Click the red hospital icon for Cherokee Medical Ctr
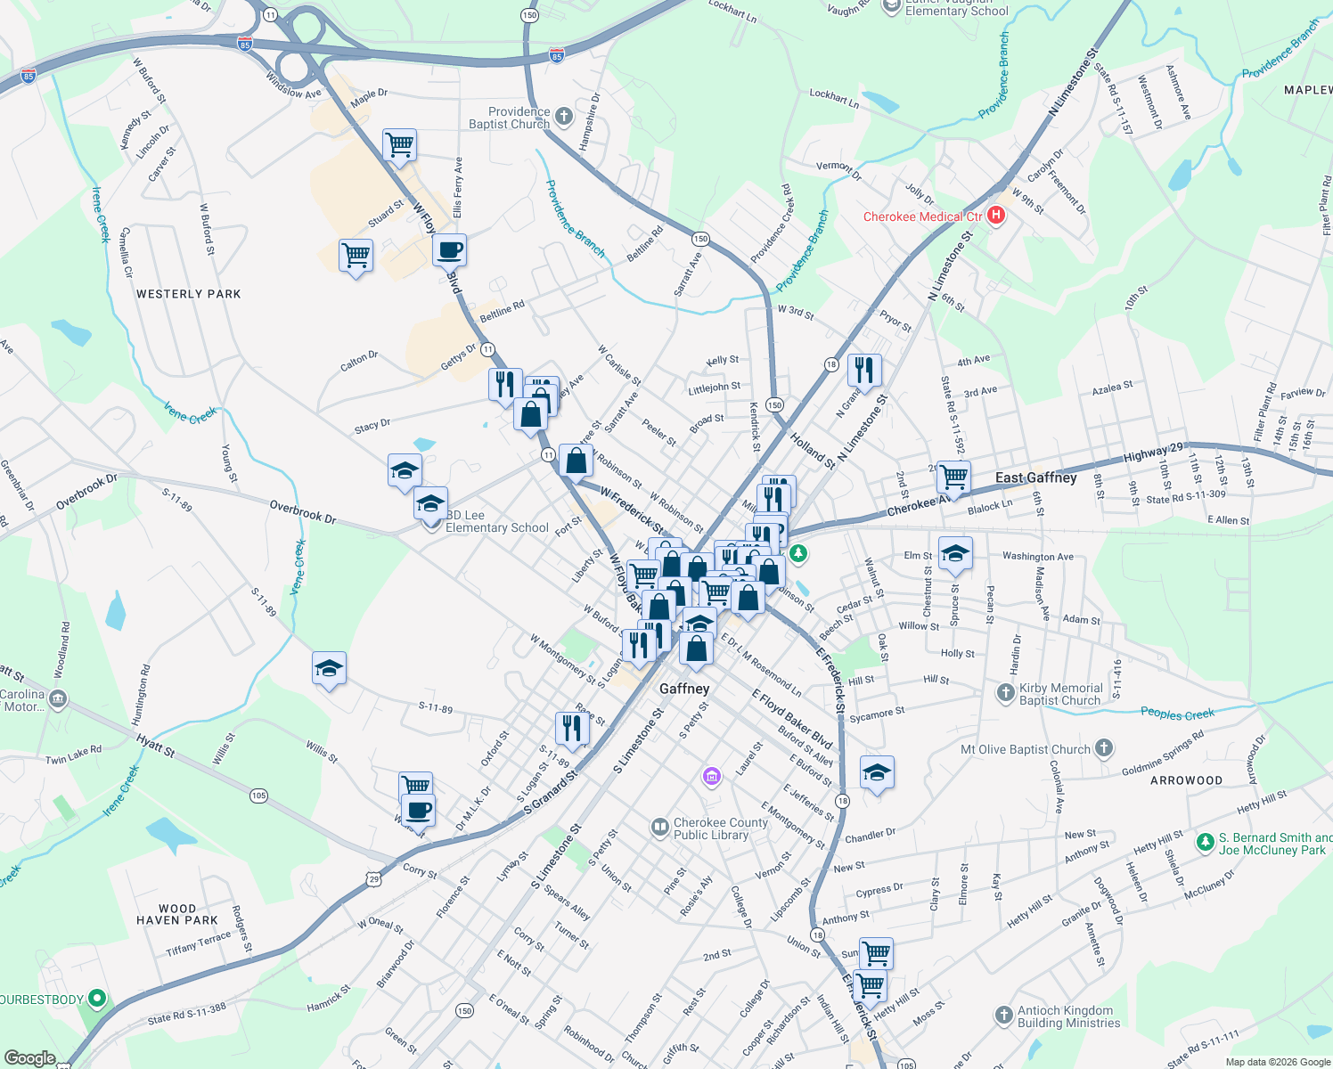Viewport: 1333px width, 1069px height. [996, 216]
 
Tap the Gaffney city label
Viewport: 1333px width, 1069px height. [684, 689]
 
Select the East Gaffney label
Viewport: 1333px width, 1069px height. [1035, 477]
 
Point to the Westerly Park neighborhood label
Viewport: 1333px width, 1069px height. [188, 294]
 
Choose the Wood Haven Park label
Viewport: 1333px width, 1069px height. [177, 914]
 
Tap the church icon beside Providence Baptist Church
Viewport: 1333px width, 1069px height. [563, 117]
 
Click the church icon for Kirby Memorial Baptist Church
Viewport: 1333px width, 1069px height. [1005, 693]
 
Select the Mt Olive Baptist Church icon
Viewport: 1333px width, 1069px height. [1104, 748]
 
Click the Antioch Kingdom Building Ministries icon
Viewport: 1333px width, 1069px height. [1003, 1016]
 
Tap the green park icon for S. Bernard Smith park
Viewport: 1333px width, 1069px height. [1205, 842]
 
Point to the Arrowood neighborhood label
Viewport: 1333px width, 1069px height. [1186, 780]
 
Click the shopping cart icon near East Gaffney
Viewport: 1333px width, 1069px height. [953, 476]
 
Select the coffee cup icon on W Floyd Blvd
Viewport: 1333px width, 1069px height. [449, 250]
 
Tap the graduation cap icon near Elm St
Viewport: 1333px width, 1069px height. [954, 553]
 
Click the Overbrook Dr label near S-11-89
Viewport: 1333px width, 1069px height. [303, 512]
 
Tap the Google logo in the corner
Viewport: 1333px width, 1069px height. [29, 1058]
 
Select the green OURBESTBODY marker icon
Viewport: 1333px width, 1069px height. [97, 999]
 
